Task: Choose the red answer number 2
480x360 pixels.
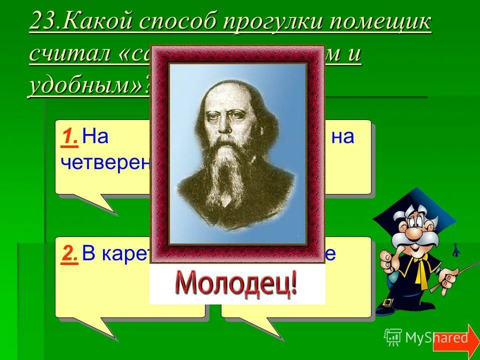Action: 70,254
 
